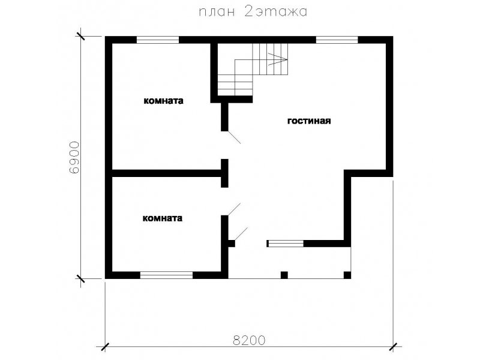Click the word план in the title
[x=217, y=11]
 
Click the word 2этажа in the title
[x=275, y=11]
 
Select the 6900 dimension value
[x=74, y=158]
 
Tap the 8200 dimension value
[x=249, y=340]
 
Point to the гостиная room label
[x=309, y=121]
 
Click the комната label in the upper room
[x=164, y=101]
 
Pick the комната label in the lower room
[x=163, y=218]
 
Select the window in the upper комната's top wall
[x=158, y=40]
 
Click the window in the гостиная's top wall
[x=337, y=40]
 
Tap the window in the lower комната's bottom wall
[x=167, y=275]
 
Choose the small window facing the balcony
[x=286, y=244]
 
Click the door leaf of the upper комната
[x=235, y=137]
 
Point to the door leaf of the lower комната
[x=235, y=209]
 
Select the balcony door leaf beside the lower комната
[x=241, y=233]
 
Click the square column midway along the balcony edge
[x=284, y=275]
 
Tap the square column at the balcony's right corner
[x=347, y=275]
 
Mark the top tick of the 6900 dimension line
[x=80, y=37]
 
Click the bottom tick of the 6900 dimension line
[x=80, y=278]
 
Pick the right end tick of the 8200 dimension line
[x=393, y=347]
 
